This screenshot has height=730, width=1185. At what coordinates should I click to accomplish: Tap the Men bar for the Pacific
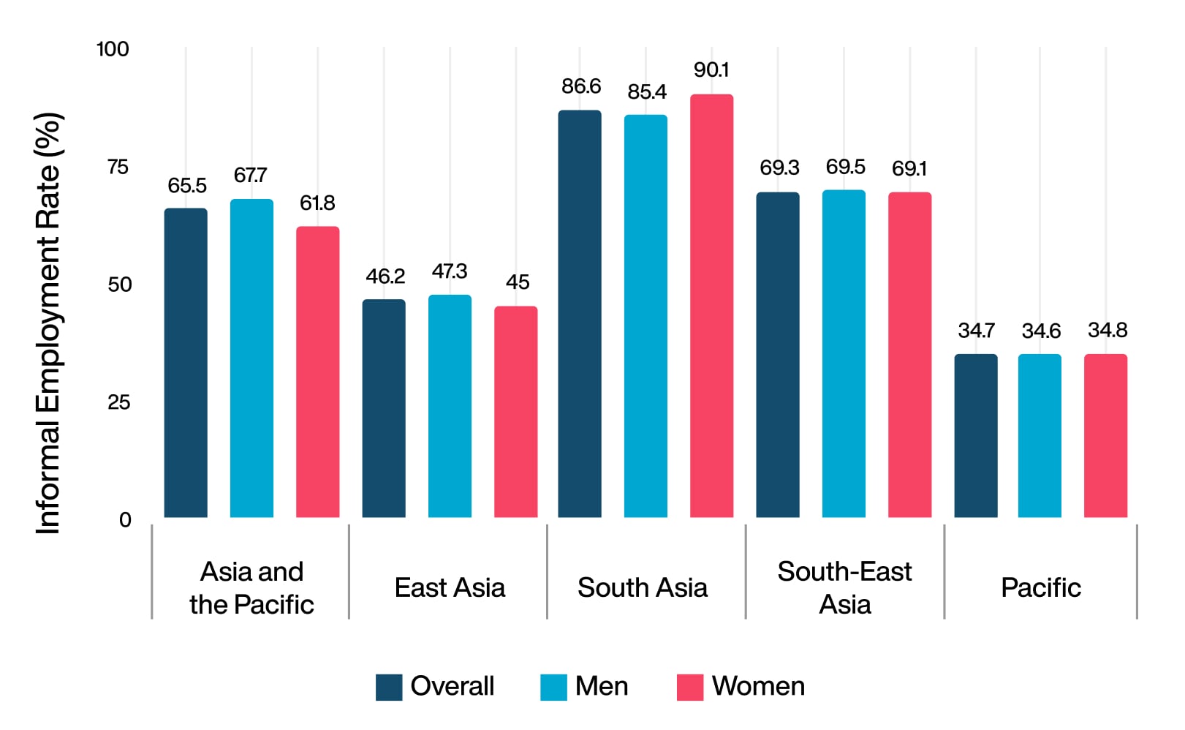1040,436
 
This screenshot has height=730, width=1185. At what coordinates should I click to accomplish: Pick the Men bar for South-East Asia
844,354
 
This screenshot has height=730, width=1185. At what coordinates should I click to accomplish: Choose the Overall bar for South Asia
580,314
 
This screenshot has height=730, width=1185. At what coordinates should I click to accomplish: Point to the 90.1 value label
711,70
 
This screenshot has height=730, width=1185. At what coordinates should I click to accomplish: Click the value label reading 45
518,282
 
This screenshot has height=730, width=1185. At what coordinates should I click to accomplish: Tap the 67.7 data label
250,176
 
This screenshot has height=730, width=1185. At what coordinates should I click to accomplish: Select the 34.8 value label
1107,331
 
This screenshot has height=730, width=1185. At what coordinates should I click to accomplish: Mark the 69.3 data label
779,168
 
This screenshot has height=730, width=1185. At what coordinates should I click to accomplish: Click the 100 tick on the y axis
113,50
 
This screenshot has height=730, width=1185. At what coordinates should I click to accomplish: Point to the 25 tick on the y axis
118,402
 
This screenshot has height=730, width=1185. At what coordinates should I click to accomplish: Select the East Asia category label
450,588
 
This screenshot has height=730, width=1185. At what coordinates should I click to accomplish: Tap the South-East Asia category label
844,588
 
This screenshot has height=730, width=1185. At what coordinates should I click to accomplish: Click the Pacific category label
1040,588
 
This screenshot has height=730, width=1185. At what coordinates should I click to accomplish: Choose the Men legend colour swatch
553,688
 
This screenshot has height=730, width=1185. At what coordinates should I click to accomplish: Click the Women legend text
758,687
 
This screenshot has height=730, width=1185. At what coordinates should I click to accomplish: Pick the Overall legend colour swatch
389,688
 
